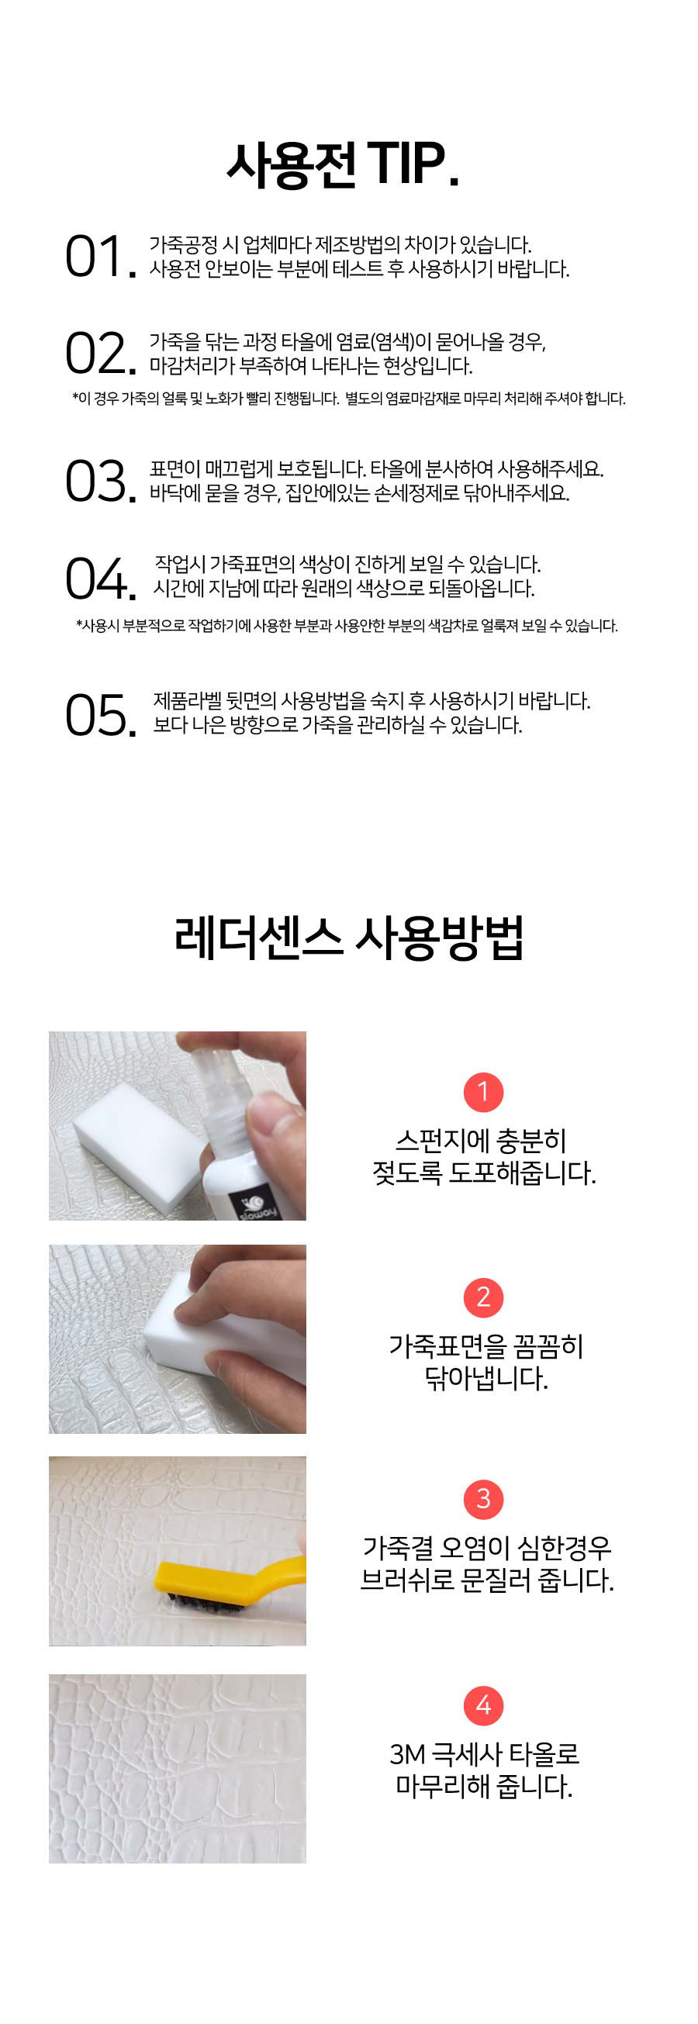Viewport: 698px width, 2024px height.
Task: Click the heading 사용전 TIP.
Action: click(x=343, y=164)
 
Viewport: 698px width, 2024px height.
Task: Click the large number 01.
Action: click(x=99, y=257)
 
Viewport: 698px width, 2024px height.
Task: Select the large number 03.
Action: click(x=99, y=481)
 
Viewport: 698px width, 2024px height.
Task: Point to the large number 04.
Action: click(x=99, y=579)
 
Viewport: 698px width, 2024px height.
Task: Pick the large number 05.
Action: click(x=99, y=715)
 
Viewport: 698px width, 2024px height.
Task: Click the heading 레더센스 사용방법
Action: click(x=348, y=938)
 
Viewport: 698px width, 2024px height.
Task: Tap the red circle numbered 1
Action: click(x=483, y=1092)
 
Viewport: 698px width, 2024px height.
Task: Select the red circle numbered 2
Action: click(x=483, y=1297)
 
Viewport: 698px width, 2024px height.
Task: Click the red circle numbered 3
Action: click(x=483, y=1499)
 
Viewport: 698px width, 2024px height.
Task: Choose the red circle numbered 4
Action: click(x=483, y=1705)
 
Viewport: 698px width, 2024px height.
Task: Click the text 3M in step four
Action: click(x=407, y=1754)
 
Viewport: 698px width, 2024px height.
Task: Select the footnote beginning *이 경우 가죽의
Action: click(x=348, y=399)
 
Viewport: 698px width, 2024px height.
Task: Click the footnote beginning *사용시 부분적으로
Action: click(x=347, y=626)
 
